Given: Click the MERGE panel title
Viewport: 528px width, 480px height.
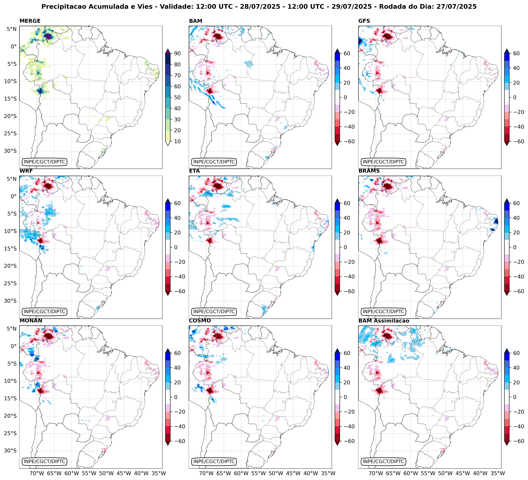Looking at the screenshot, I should (x=30, y=21).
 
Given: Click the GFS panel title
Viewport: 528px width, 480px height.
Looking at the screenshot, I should (x=364, y=21).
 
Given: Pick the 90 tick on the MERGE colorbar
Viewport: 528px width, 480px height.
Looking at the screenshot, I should (x=177, y=53).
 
